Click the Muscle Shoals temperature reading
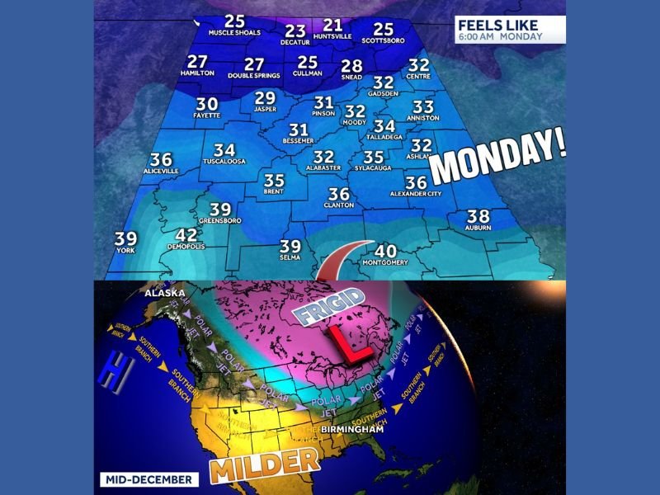click(235, 21)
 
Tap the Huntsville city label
click(333, 36)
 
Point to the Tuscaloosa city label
click(224, 162)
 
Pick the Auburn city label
click(478, 227)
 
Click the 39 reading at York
click(125, 238)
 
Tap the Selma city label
click(290, 257)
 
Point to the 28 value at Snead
click(351, 66)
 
